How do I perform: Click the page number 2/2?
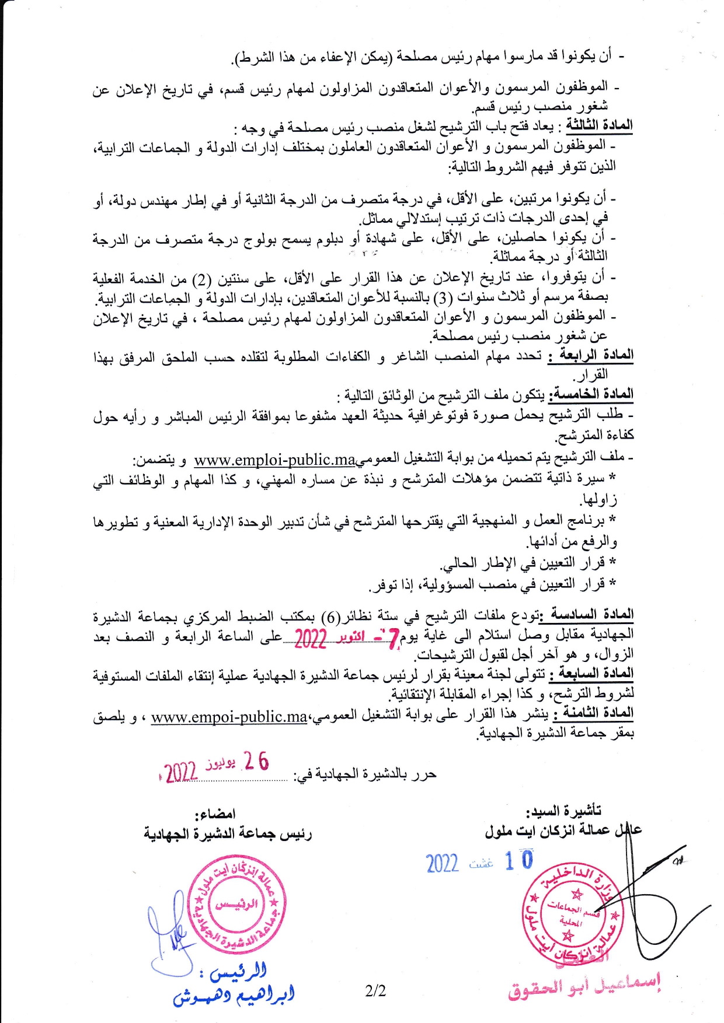375,990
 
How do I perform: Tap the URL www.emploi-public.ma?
274,460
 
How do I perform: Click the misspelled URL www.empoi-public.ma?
229,717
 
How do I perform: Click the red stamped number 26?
256,761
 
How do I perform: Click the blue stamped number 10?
519,860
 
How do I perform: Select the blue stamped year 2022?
442,863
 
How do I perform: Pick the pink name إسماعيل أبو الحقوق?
584,986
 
